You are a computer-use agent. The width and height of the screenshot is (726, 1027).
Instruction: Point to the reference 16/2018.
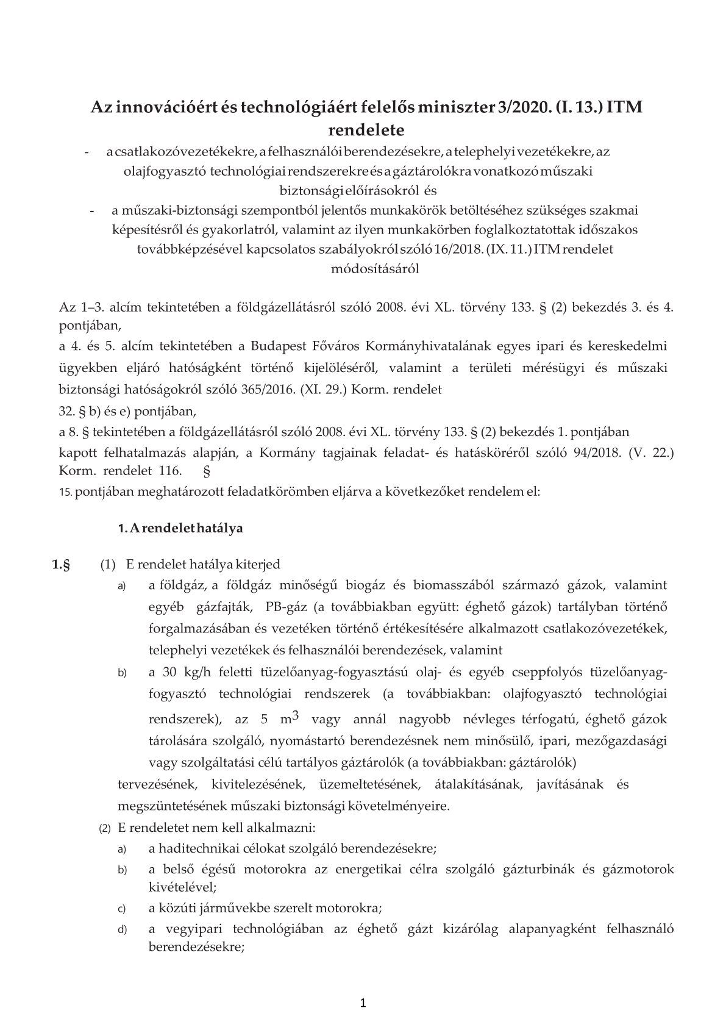460,249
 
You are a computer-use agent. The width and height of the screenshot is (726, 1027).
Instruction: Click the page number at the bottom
363,1003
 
